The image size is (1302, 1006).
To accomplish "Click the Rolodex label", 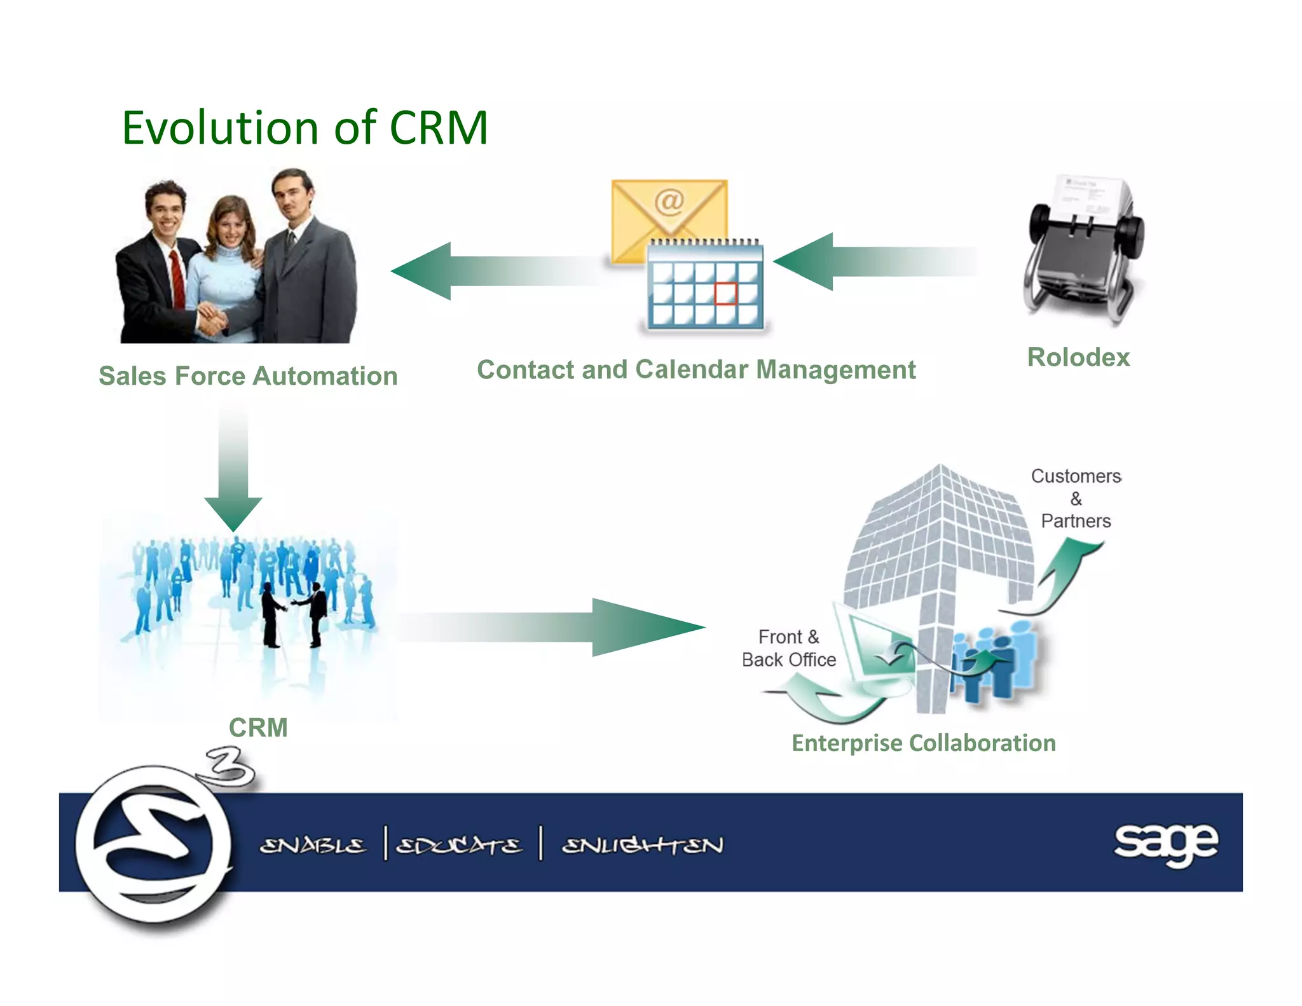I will point(1078,357).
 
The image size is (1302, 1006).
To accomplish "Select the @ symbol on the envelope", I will point(669,202).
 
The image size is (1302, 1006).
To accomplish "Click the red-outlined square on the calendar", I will point(725,294).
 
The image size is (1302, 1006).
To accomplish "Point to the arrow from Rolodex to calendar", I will point(871,261).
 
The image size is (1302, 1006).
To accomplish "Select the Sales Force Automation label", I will point(248,376).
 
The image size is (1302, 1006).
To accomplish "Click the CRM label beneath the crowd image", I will point(258,727).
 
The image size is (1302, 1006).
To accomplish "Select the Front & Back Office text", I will point(789,648).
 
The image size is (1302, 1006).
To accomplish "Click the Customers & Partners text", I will point(1076,499).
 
